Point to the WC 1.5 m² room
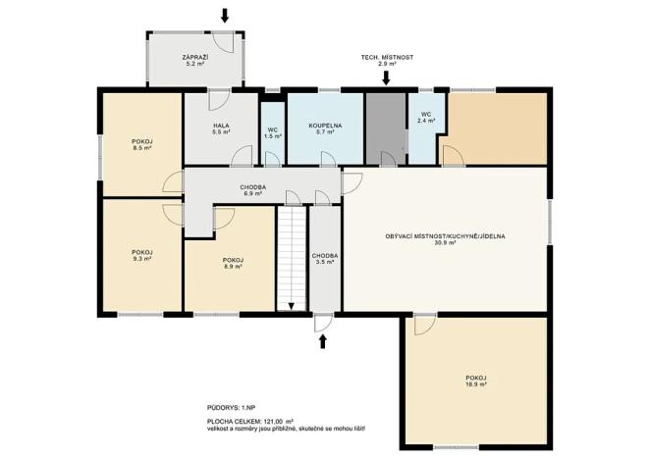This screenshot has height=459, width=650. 272,131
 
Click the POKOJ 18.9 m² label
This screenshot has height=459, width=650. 475,381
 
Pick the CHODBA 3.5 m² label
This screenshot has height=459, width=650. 325,259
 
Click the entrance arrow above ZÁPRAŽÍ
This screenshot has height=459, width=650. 225,15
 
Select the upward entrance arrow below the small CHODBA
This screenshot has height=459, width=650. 323,340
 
